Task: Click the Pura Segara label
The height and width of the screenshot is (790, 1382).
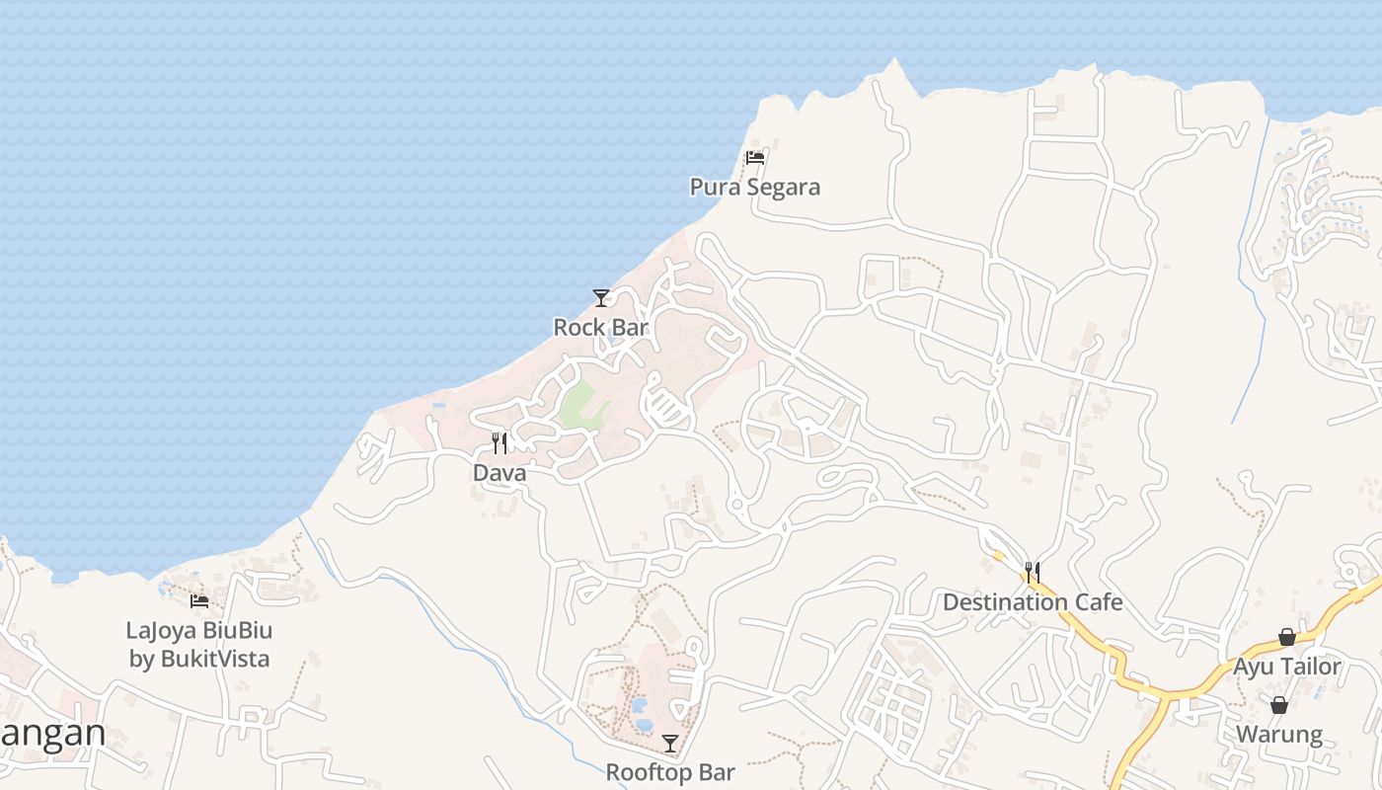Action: point(754,187)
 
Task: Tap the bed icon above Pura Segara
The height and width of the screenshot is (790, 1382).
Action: point(755,157)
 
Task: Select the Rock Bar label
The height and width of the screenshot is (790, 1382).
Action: point(600,327)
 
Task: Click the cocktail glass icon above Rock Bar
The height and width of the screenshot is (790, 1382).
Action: point(600,297)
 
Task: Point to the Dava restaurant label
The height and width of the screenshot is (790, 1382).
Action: point(499,473)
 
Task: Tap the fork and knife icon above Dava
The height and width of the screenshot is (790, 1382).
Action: point(499,443)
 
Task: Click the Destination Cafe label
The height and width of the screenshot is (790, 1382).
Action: point(1033,601)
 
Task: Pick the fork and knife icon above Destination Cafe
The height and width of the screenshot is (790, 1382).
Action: point(1033,572)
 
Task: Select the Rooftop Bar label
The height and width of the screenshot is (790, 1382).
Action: point(670,772)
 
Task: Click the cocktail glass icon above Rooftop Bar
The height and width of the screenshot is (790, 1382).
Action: point(670,743)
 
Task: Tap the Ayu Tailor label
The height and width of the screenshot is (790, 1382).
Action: point(1287,667)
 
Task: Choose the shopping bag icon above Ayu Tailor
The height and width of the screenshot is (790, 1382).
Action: point(1287,637)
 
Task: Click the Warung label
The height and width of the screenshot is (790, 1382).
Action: point(1279,735)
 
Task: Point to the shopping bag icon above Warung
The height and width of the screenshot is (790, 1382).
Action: point(1279,705)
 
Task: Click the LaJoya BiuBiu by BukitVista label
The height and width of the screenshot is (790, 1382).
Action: point(199,644)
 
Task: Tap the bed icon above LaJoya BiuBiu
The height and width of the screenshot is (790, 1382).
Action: point(199,600)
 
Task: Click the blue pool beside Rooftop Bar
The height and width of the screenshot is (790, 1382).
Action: point(640,706)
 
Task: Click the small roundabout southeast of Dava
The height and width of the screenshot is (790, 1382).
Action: point(735,506)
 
